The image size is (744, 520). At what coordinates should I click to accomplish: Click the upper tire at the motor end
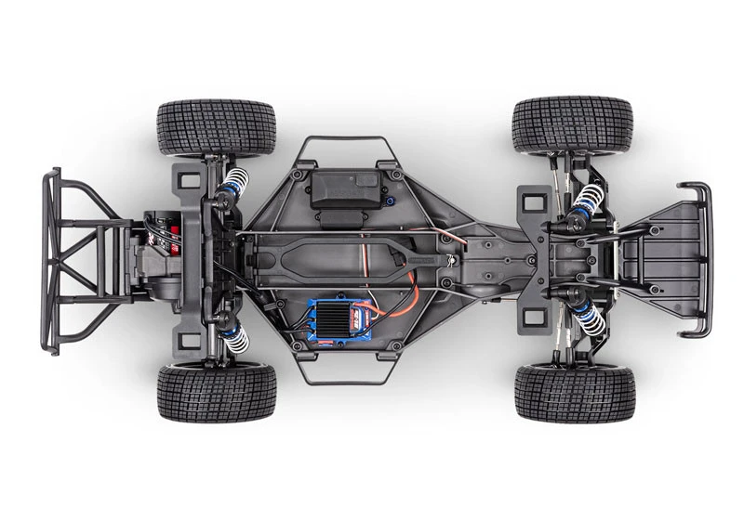point(217,127)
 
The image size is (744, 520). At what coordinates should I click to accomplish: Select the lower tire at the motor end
point(217,391)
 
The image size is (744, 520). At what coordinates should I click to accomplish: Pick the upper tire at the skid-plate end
point(572,123)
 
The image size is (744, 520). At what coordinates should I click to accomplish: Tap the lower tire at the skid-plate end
point(575,392)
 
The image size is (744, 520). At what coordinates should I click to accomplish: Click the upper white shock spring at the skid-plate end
point(588,199)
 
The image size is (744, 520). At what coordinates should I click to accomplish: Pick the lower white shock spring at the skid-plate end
point(588,317)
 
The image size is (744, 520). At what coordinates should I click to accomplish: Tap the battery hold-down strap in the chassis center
point(344,252)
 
